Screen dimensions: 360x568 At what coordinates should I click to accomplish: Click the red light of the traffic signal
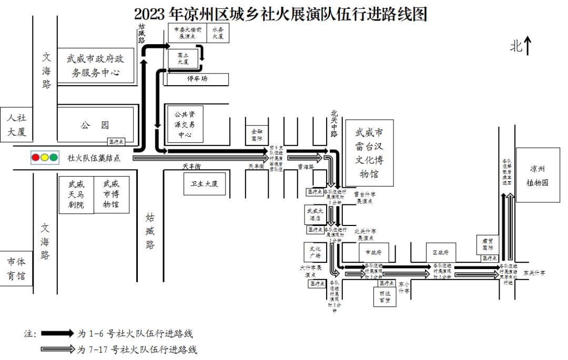[36, 157]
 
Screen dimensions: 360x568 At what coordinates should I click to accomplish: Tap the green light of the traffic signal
[54, 157]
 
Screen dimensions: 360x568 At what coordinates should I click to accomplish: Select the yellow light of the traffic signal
[45, 157]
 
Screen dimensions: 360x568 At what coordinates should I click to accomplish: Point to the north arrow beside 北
[528, 46]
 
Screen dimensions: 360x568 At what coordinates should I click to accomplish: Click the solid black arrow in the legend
[57, 333]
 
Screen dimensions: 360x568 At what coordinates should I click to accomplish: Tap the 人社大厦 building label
[16, 125]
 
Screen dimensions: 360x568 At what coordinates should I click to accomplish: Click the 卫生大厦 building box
[204, 184]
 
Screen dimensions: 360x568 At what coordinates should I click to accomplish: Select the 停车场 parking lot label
[198, 79]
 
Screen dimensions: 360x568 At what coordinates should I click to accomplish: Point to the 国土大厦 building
[184, 58]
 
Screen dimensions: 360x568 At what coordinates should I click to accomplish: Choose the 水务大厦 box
[218, 33]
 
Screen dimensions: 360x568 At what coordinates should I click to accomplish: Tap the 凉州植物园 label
[537, 176]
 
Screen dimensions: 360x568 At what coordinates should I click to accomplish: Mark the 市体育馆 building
[16, 269]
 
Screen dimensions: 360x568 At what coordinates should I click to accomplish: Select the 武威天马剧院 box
[76, 194]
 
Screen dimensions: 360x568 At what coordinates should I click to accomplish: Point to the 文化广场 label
[315, 252]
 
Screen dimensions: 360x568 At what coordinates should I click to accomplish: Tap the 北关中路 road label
[334, 123]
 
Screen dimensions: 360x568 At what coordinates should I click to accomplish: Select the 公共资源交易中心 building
[185, 124]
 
